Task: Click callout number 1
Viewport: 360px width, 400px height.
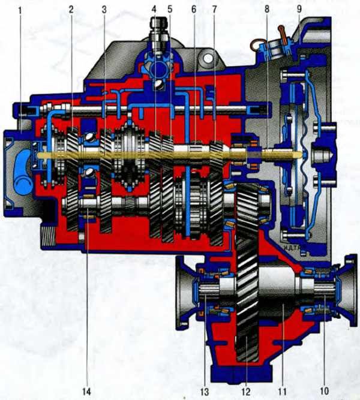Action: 20,10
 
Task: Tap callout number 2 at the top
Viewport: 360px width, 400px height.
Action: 71,10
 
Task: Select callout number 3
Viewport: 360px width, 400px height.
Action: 104,10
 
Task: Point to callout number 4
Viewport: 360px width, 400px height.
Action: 154,9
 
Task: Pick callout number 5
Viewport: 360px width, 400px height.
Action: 170,9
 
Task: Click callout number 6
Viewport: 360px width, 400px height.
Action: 194,9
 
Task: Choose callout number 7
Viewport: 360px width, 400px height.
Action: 214,9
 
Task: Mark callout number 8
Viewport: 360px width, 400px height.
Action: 267,9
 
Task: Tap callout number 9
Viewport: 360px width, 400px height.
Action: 299,9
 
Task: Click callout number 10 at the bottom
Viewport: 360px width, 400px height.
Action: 324,391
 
